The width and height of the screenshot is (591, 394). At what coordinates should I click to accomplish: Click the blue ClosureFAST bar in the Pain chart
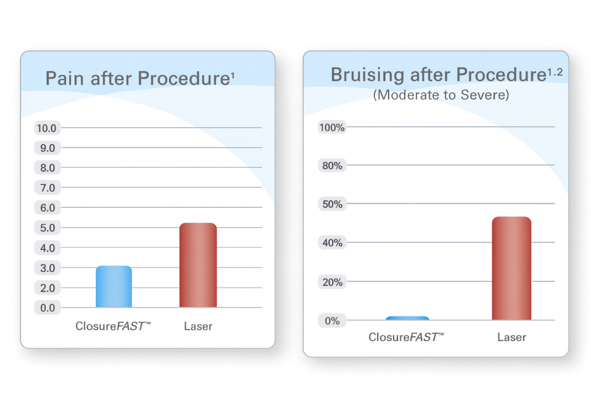click(114, 287)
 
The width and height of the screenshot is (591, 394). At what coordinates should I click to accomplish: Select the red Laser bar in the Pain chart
click(198, 265)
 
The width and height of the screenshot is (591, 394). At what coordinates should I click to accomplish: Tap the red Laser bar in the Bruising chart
click(512, 268)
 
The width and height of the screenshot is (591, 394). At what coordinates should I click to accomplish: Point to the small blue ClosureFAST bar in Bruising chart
click(407, 318)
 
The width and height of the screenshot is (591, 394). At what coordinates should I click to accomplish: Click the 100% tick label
click(332, 128)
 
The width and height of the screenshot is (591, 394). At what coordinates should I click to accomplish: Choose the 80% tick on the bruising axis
click(332, 166)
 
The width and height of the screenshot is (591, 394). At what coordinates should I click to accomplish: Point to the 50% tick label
click(332, 204)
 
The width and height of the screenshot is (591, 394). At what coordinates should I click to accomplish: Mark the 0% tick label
click(332, 321)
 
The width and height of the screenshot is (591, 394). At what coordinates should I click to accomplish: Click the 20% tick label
click(332, 282)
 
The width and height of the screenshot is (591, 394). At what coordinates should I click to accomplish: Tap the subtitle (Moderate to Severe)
click(440, 95)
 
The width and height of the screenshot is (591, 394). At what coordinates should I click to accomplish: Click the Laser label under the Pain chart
click(198, 326)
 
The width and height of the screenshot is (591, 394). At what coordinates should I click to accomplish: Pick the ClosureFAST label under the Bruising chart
click(406, 337)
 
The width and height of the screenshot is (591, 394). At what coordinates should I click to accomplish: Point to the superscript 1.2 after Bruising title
click(553, 72)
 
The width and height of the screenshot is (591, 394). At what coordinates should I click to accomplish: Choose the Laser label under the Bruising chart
click(512, 337)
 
